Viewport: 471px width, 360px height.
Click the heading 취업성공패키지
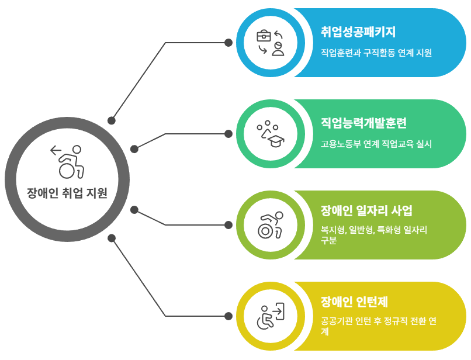[359, 32]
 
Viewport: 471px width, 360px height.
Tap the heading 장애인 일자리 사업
[367, 210]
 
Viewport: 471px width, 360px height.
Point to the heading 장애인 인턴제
[355, 302]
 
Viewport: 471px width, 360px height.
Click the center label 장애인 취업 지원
[67, 193]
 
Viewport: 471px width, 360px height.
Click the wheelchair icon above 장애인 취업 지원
[70, 163]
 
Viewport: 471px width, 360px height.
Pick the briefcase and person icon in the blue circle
[271, 43]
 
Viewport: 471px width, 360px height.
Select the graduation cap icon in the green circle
[271, 134]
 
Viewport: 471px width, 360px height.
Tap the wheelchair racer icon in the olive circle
[271, 225]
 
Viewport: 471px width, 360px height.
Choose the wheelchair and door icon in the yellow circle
[271, 316]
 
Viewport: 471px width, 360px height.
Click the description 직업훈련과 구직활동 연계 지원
[376, 53]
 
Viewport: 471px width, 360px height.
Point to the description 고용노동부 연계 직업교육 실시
[376, 144]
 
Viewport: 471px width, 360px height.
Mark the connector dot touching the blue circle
[228, 43]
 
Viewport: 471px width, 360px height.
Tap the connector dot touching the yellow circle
[228, 316]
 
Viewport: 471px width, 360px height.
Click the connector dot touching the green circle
[228, 134]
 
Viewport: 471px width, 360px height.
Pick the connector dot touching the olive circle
[228, 225]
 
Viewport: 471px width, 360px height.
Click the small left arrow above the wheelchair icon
[56, 150]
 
